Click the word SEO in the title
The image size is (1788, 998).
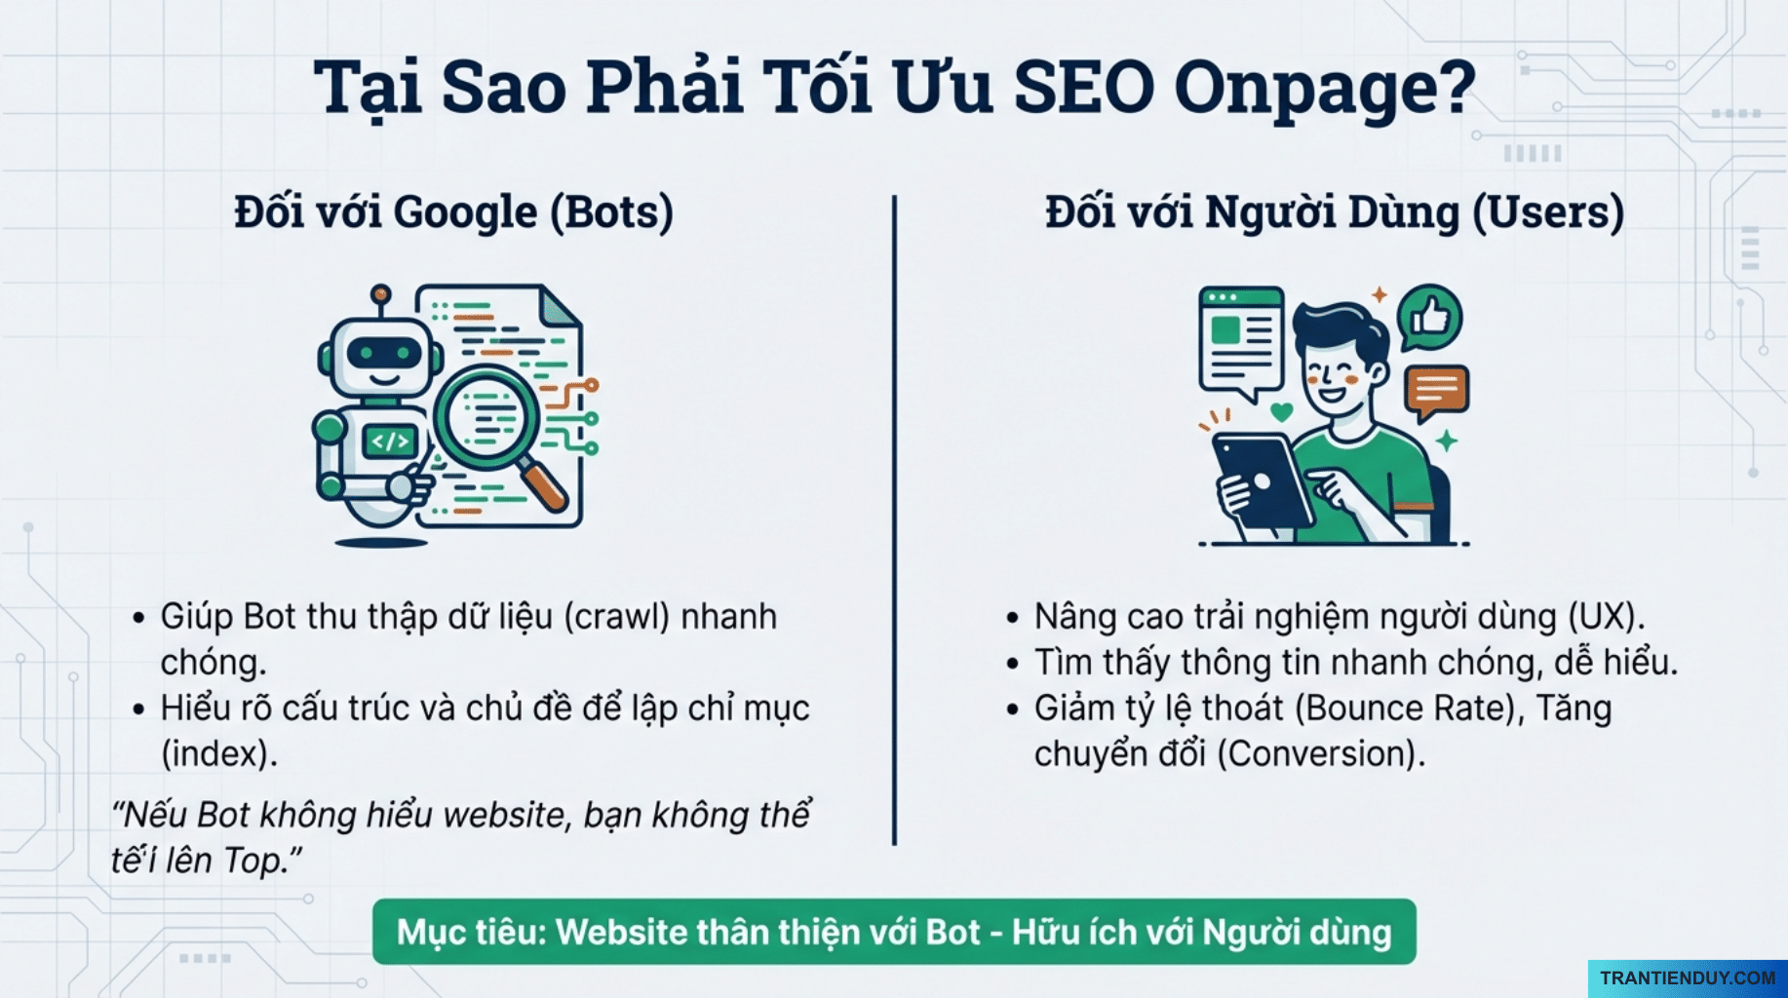(1083, 88)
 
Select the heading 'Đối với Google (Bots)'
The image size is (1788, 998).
(453, 212)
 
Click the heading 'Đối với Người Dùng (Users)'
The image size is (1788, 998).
(1334, 212)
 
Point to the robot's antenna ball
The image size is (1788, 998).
(381, 293)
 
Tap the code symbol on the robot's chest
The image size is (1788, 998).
(390, 441)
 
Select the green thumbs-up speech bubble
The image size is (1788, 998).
(1429, 317)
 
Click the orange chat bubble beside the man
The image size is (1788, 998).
(1436, 391)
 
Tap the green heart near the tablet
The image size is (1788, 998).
(1281, 412)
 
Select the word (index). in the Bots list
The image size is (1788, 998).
(219, 754)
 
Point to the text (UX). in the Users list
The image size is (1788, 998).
(1606, 617)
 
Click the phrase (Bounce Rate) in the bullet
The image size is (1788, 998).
(1409, 709)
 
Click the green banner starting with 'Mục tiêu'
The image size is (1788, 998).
(893, 932)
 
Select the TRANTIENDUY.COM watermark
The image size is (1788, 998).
(1687, 978)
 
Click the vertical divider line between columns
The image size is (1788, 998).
(894, 517)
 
